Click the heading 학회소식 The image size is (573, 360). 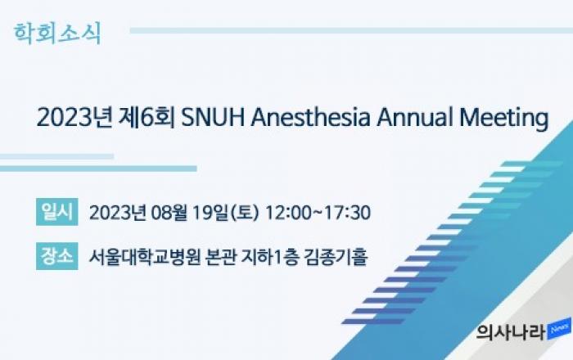(57, 34)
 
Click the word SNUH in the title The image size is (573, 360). (213, 117)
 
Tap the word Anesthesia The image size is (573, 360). (310, 117)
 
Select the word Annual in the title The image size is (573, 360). (414, 117)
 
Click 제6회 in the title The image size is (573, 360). (147, 117)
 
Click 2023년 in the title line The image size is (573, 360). (74, 117)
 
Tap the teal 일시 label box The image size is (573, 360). (57, 212)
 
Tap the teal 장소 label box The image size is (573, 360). (57, 256)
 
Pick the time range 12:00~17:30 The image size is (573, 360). (318, 213)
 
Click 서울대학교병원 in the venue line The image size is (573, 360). (145, 257)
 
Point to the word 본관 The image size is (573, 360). (221, 257)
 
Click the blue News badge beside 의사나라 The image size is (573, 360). (559, 330)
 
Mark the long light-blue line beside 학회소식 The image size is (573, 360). (351, 30)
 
